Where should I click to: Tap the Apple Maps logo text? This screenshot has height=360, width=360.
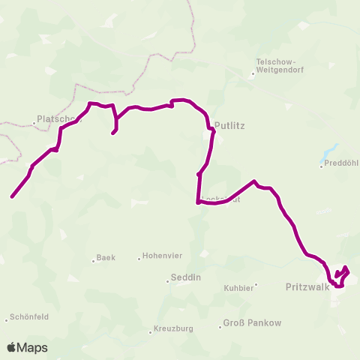click(x=27, y=348)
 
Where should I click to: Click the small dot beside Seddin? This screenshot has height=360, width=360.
click(x=168, y=282)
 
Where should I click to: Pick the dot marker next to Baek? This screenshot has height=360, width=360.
click(x=94, y=259)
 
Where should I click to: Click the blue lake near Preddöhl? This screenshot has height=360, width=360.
click(x=329, y=152)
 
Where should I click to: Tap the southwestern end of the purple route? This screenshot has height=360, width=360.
click(x=12, y=197)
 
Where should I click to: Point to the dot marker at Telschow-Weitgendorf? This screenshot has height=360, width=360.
click(x=253, y=73)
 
